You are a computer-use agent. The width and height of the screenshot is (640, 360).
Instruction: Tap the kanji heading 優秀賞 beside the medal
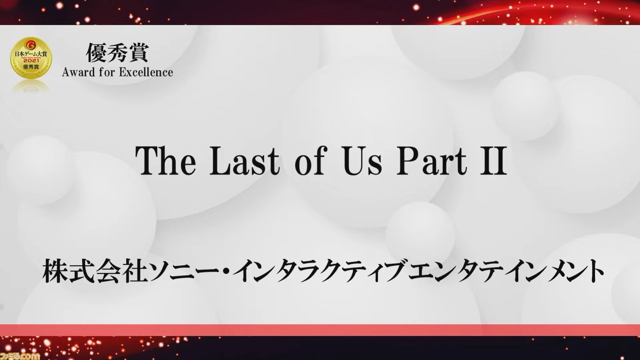(117, 52)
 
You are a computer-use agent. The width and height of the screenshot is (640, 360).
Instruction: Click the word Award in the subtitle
(78, 72)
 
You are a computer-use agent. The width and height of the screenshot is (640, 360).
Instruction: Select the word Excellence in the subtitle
(145, 72)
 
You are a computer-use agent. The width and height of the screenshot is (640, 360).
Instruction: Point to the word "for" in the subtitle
(106, 72)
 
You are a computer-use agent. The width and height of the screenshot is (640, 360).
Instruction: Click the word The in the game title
(165, 161)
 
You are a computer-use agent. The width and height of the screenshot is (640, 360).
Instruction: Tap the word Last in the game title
(244, 161)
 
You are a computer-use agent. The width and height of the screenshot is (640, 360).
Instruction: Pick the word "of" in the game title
(310, 161)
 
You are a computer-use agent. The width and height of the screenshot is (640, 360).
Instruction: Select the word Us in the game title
(362, 161)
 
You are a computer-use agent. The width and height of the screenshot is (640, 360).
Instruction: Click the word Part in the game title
(431, 161)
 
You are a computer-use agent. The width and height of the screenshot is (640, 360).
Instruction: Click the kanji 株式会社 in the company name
(92, 271)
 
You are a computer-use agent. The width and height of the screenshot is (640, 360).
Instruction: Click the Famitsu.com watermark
(19, 355)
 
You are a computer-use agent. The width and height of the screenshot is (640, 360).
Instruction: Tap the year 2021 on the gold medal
(31, 60)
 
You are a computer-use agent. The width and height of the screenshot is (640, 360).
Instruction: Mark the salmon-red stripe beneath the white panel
(320, 330)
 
